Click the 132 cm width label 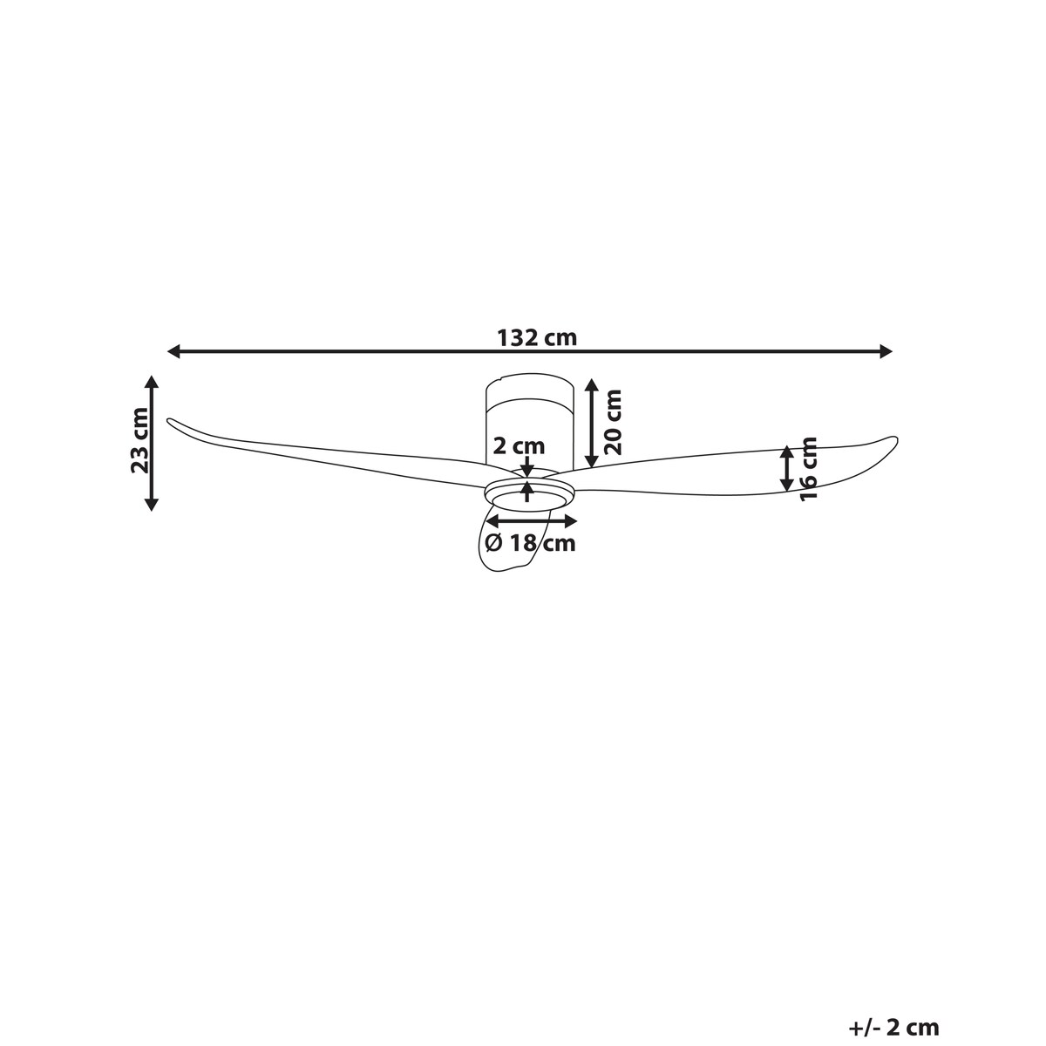click(x=537, y=337)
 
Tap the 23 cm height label click(x=139, y=440)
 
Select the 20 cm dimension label click(x=613, y=422)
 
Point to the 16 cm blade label click(x=809, y=469)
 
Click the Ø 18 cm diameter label click(x=530, y=542)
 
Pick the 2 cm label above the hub click(x=519, y=446)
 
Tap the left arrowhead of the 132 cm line click(x=173, y=352)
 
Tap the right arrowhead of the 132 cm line click(x=886, y=352)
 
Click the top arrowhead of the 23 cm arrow click(x=152, y=382)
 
